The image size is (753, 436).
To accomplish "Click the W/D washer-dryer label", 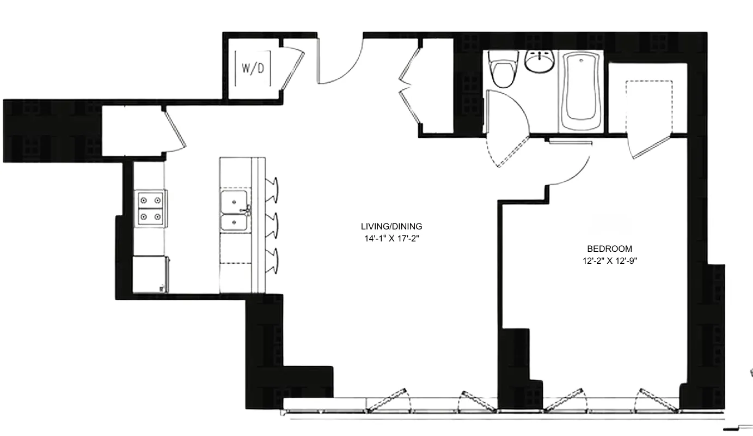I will tap(252, 69).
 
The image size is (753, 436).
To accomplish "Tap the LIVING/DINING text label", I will tap(391, 226).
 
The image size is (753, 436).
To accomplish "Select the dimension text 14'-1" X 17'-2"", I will tap(391, 238).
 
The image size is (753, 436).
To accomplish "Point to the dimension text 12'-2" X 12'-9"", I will tap(609, 261).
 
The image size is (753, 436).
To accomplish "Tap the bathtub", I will tap(580, 90).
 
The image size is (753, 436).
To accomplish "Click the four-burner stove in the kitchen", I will tap(151, 208).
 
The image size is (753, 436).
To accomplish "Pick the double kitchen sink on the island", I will tap(235, 213).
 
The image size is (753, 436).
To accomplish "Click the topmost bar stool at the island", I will tap(273, 188).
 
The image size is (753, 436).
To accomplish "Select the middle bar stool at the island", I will tap(273, 223).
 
